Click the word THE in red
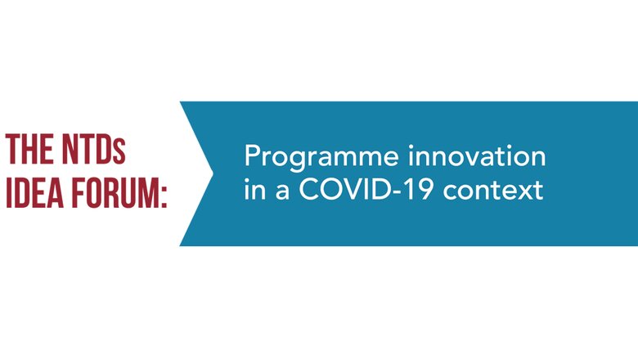(x=29, y=149)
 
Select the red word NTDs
(x=93, y=149)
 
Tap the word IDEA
(x=34, y=193)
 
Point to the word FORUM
(x=115, y=193)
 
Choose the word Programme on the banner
(x=321, y=157)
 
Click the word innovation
(x=477, y=156)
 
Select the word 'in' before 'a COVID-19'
(x=254, y=189)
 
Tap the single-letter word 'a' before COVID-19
(x=282, y=192)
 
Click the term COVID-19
(x=366, y=190)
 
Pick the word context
(x=493, y=191)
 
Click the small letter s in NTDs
(x=119, y=153)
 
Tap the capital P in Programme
(x=252, y=155)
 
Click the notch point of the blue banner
(x=213, y=173)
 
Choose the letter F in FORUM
(x=79, y=193)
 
